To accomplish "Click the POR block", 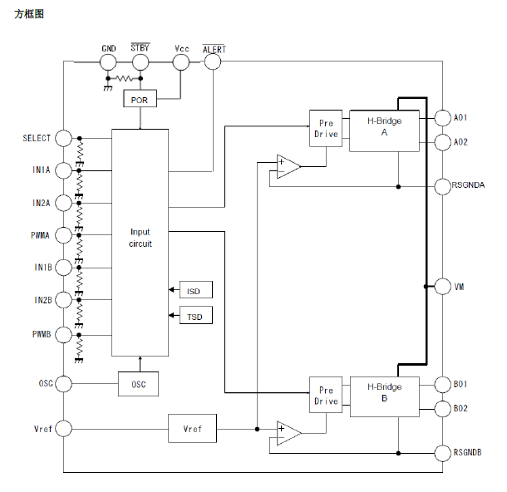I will coord(140,99).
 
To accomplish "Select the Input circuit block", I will coord(140,238).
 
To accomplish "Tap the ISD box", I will coord(194,290).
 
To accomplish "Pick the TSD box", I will coord(194,317).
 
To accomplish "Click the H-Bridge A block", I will coord(384,130).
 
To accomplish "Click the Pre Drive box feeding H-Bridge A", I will coord(326,129).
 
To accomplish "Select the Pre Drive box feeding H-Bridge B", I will coord(326,396).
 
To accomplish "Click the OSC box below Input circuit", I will coord(138,384).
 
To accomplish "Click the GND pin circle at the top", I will coord(108,62).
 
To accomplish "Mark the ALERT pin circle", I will coord(213,62).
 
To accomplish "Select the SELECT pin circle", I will coord(63,138).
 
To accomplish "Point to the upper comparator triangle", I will coord(287,166).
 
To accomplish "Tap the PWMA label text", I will coord(40,235).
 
